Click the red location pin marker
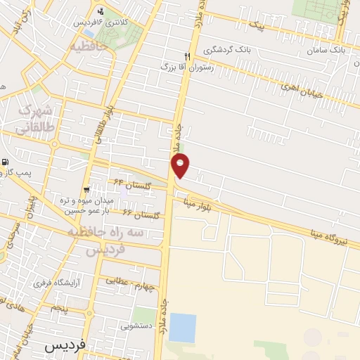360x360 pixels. (x=181, y=166)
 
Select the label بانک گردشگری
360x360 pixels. (x=226, y=51)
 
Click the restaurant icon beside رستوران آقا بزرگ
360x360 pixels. (x=187, y=57)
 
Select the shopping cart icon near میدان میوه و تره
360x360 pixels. (x=86, y=190)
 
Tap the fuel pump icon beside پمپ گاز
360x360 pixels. (x=6, y=163)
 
